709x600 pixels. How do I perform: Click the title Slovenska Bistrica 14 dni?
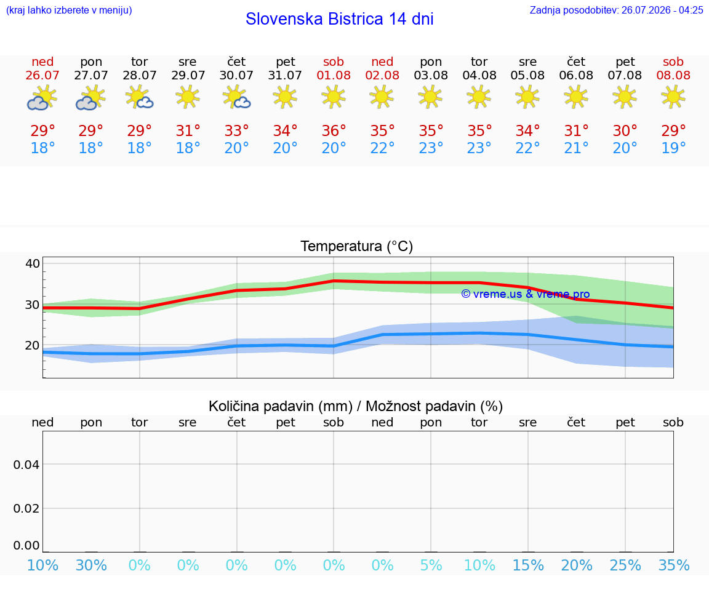340,19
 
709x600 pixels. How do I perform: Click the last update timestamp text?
616,10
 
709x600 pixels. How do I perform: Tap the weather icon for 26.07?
42,98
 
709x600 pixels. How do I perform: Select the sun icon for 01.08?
334,98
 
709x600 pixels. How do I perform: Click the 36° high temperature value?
334,130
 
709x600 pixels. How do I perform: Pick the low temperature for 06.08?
576,148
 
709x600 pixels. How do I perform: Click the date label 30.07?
236,75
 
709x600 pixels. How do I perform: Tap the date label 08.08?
673,75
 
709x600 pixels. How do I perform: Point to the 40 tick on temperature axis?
33,263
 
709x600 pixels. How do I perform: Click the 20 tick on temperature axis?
33,345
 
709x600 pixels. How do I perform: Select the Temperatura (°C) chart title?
357,246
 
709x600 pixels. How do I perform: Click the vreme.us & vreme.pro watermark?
526,294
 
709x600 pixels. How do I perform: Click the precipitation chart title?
356,407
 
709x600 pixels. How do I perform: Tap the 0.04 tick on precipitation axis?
26,465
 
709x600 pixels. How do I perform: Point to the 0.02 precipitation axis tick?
26,508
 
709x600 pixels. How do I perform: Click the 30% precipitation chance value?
91,565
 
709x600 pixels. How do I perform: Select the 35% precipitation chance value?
674,565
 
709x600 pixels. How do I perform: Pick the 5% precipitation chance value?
431,565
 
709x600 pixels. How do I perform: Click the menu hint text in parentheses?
69,10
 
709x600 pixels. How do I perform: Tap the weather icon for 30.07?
236,98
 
